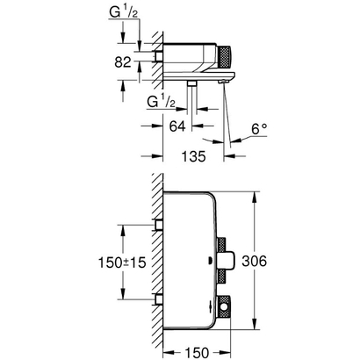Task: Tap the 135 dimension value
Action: [181, 158]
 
